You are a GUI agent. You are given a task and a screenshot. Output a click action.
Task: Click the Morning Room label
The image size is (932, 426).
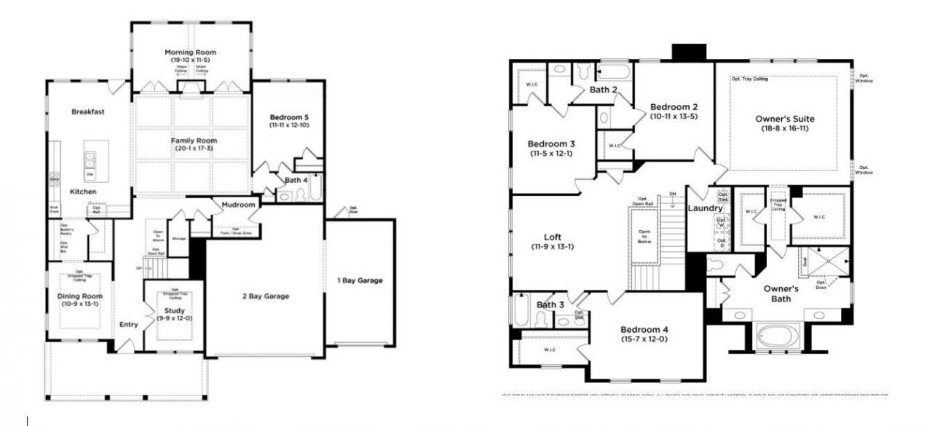click(x=190, y=52)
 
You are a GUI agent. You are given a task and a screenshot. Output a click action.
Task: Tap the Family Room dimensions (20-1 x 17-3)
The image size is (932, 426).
click(x=194, y=149)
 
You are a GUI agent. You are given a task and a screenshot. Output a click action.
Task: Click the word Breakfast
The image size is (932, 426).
click(x=89, y=111)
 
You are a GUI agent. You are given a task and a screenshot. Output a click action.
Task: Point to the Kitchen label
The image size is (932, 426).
click(x=83, y=191)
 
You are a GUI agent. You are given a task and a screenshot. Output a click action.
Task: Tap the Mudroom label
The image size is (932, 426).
click(x=239, y=205)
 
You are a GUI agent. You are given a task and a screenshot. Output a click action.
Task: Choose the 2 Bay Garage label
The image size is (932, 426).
click(x=265, y=296)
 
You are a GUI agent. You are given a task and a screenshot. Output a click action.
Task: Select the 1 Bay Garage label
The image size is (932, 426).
click(x=360, y=280)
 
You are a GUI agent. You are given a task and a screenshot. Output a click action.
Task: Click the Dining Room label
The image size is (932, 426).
click(x=80, y=296)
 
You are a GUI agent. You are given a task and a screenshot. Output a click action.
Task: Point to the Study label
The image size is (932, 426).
click(x=175, y=311)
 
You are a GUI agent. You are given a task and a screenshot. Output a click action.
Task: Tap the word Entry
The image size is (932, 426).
click(x=129, y=326)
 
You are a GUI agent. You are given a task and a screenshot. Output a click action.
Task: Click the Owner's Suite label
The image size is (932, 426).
click(x=785, y=119)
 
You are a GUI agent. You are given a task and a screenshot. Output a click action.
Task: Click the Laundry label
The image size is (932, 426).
click(x=704, y=209)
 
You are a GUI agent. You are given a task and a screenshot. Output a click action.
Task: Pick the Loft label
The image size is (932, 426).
click(x=553, y=237)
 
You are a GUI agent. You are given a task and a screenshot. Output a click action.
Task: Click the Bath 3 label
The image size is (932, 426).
click(x=551, y=304)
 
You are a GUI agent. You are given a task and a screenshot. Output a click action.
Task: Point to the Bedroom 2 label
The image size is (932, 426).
click(x=674, y=106)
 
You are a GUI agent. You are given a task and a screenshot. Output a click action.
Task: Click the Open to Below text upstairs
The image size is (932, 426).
click(x=644, y=237)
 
